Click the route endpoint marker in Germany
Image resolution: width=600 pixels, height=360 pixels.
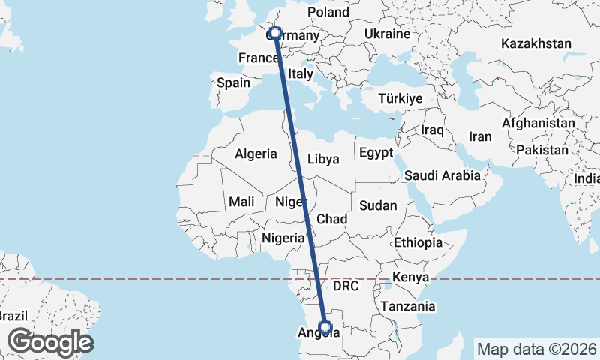point(275,33)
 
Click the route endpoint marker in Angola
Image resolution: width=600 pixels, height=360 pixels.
point(325,326)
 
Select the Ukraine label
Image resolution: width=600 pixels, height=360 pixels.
point(387,34)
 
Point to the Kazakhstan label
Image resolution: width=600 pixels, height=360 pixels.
point(536,43)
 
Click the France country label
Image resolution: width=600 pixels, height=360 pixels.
point(259,58)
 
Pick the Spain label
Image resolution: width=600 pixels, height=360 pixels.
point(233,82)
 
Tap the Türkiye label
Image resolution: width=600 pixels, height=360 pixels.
point(400,98)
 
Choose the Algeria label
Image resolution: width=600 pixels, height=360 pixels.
point(256,154)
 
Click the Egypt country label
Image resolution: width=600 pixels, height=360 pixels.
point(376,153)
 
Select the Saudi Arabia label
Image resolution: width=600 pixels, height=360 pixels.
point(442,175)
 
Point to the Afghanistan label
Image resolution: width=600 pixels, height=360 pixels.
point(538,122)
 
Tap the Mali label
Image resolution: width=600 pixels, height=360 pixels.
point(241,201)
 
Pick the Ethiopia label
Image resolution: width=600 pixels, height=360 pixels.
point(418,242)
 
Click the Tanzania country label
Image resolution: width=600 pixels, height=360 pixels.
point(408,306)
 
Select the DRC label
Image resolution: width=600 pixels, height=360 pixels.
point(347,286)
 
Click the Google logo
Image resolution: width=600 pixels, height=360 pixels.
point(50,342)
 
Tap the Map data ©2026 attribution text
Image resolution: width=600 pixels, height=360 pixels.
point(535,349)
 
